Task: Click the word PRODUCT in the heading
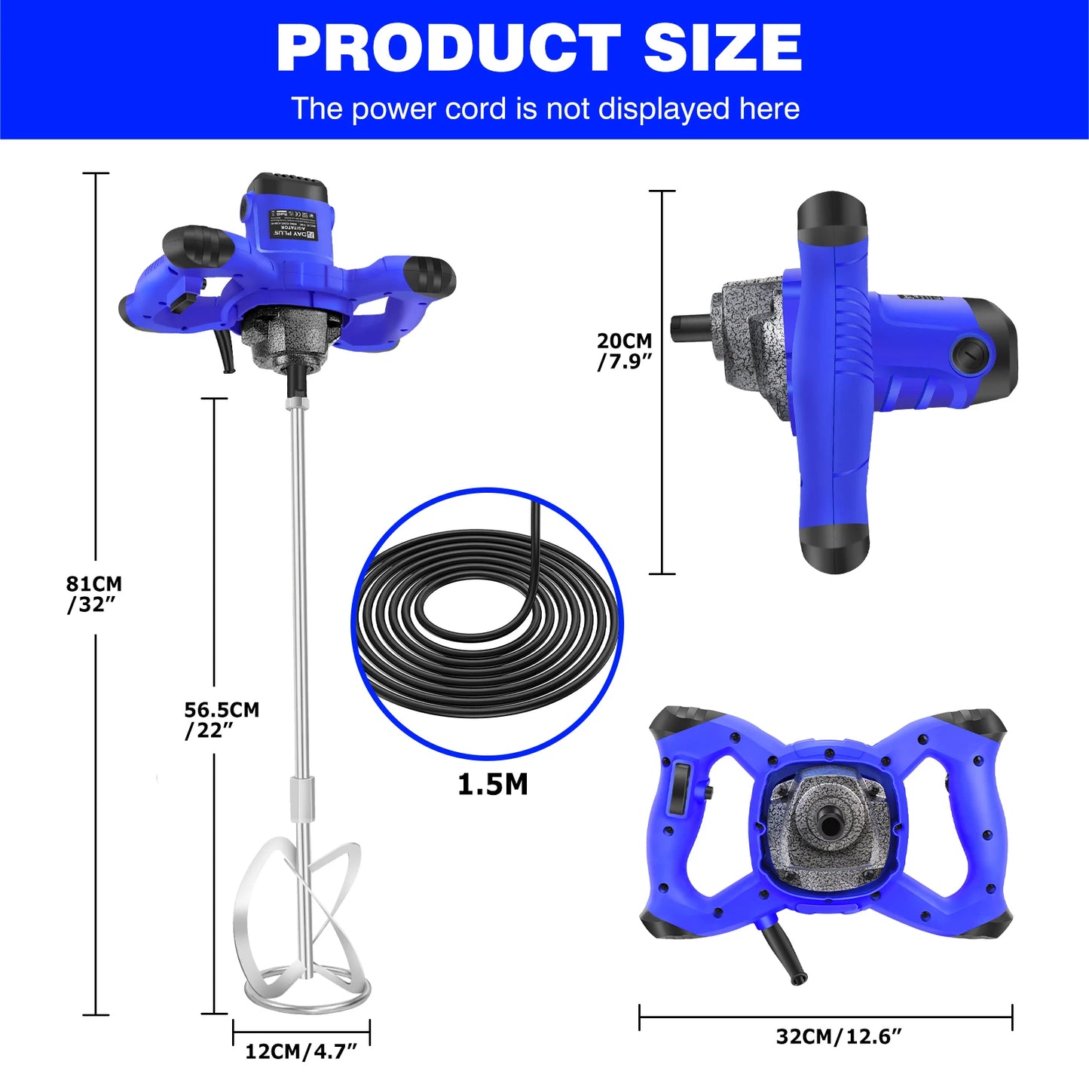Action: click(x=448, y=48)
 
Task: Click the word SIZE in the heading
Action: click(x=722, y=48)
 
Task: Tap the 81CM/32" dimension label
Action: click(x=93, y=594)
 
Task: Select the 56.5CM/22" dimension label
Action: click(x=221, y=720)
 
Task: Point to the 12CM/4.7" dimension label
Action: click(x=301, y=1051)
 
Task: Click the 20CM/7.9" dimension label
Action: click(x=624, y=351)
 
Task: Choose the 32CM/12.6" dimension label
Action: click(x=838, y=1036)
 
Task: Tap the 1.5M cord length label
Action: click(x=493, y=785)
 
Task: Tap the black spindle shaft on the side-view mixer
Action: click(x=689, y=328)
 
